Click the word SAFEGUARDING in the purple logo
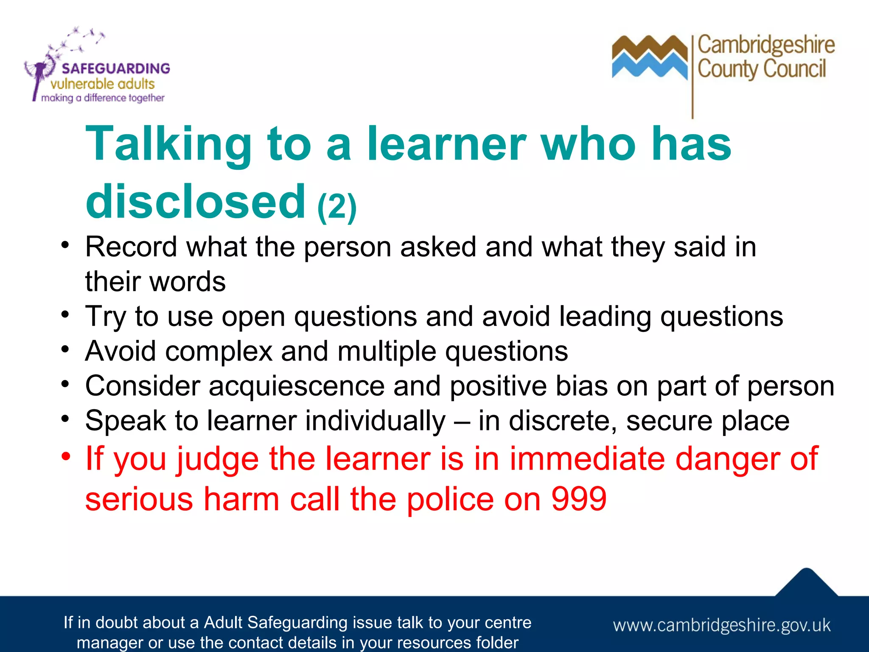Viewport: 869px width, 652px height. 115,68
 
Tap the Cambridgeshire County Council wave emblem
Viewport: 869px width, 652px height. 649,57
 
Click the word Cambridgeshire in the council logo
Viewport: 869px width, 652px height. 766,45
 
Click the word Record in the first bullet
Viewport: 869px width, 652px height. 131,247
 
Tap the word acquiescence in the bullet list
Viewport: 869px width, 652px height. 296,386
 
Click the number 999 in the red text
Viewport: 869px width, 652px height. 579,499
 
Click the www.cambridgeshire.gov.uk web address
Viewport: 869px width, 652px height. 721,625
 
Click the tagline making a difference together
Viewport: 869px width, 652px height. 103,98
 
